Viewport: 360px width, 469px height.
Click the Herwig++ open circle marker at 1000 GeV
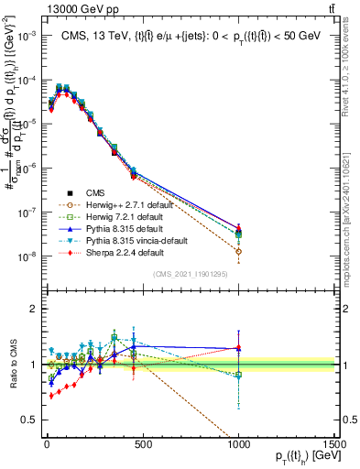coord(238,251)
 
